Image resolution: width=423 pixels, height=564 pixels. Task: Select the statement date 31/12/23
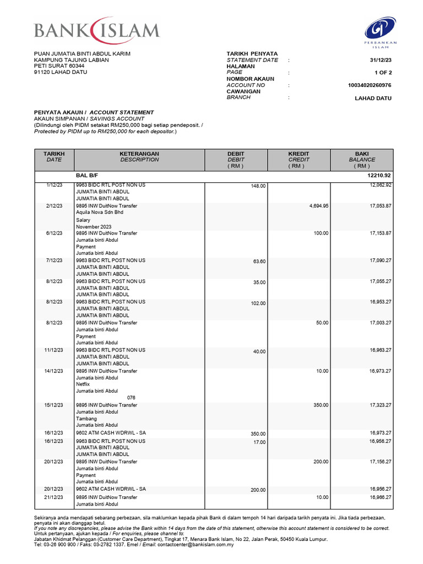[x=380, y=60]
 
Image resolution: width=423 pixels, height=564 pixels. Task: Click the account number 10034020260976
[x=370, y=85]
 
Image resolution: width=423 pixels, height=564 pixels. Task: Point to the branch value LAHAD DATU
[x=373, y=98]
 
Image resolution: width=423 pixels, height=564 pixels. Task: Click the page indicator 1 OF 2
[x=382, y=73]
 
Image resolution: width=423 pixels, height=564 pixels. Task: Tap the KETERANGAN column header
[x=139, y=154]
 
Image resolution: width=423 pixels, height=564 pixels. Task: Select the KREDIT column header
[x=299, y=154]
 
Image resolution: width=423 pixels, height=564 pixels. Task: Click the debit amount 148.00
[x=258, y=186]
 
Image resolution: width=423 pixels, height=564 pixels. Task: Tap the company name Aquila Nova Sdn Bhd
[x=100, y=212]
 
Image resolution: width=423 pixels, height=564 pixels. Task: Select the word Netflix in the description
[x=85, y=384]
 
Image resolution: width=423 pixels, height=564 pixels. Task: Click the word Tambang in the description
[x=87, y=419]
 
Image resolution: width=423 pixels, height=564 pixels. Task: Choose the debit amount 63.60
[x=259, y=262]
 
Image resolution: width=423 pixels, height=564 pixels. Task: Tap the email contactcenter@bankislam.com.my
[x=188, y=544]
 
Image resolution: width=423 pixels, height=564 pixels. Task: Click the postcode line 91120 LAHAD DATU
[x=60, y=72]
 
